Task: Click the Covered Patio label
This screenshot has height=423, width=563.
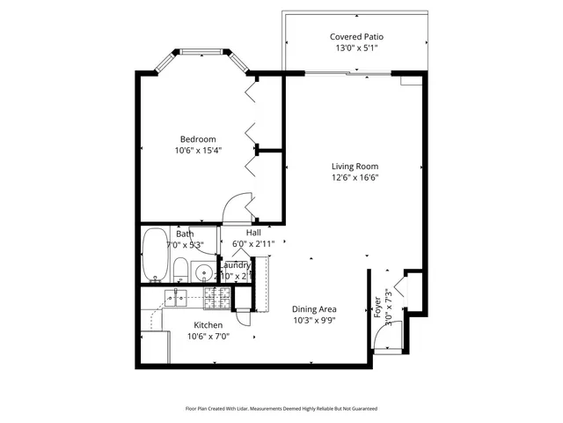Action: point(356,37)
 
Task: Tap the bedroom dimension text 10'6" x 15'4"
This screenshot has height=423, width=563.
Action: point(198,151)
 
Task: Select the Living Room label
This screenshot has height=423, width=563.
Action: point(355,166)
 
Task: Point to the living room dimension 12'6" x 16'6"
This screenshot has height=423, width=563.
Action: point(355,177)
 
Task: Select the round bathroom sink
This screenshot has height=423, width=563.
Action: point(202,272)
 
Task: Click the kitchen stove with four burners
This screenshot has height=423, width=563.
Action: point(216,299)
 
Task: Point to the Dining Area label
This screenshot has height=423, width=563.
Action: point(314,309)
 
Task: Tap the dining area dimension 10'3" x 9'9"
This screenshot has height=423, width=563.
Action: point(314,321)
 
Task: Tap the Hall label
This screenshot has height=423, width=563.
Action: point(253,233)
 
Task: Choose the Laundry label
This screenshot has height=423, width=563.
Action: point(235,265)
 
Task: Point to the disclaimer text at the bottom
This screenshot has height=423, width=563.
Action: point(281,408)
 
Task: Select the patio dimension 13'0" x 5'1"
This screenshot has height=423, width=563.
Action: point(356,48)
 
